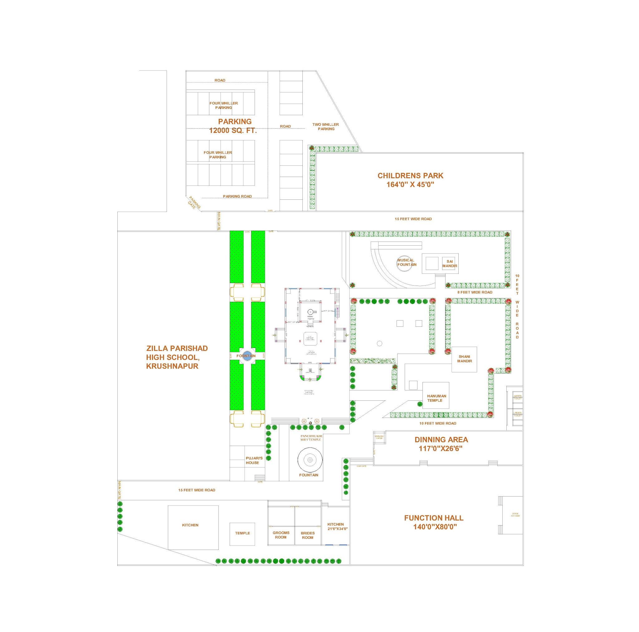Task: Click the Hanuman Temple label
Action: click(x=437, y=398)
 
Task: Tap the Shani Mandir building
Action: click(x=464, y=359)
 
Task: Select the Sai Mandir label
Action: click(x=450, y=264)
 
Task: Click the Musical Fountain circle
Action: click(x=407, y=263)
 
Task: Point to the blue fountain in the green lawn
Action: click(x=246, y=356)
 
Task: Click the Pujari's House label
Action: click(x=254, y=460)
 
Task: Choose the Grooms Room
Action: click(x=281, y=535)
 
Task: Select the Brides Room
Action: click(x=308, y=535)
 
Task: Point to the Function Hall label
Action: click(x=433, y=522)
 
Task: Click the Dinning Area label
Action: click(x=441, y=444)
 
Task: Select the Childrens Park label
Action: click(x=410, y=180)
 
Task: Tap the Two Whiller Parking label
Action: click(x=326, y=127)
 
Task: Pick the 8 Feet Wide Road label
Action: click(x=475, y=292)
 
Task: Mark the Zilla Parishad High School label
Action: click(x=177, y=357)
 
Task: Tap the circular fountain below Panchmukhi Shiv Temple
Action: click(x=310, y=460)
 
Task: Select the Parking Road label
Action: click(x=237, y=196)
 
